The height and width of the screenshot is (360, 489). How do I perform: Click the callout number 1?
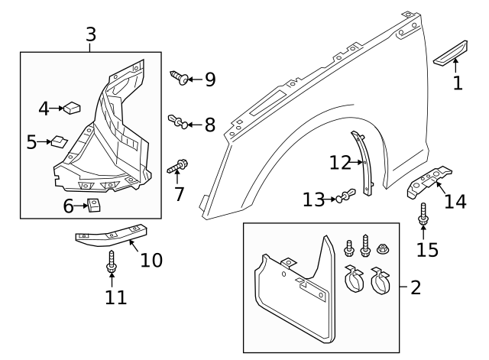(x=458, y=83)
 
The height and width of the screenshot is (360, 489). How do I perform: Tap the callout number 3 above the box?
(x=91, y=34)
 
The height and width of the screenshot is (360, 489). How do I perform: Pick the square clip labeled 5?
(x=58, y=141)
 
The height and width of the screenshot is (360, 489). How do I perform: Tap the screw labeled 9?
(x=179, y=77)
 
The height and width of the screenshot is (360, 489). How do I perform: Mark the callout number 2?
(x=416, y=288)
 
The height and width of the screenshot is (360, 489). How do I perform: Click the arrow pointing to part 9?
(x=195, y=79)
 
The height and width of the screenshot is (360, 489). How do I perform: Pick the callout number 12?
(x=340, y=162)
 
